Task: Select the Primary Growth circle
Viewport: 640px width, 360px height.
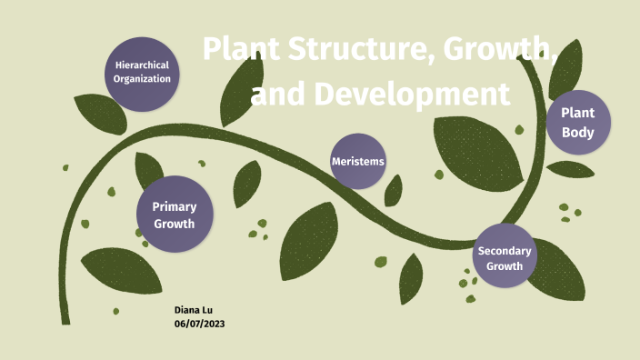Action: [174, 215]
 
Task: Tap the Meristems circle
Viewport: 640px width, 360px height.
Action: [357, 161]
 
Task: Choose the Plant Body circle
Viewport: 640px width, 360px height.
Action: [577, 122]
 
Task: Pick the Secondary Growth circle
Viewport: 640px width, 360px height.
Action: [505, 258]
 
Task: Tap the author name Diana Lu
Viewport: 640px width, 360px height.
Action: [193, 310]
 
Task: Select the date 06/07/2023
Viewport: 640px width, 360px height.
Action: [199, 325]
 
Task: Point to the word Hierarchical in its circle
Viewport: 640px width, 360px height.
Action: [143, 65]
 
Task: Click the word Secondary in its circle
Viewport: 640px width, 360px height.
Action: [505, 250]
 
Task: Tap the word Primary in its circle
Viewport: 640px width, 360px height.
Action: [174, 207]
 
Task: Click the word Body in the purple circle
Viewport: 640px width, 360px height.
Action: [577, 133]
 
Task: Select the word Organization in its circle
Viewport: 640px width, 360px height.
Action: [142, 79]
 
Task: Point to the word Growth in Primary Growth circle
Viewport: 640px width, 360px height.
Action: [174, 224]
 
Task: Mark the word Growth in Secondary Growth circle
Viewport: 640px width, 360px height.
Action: [505, 266]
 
